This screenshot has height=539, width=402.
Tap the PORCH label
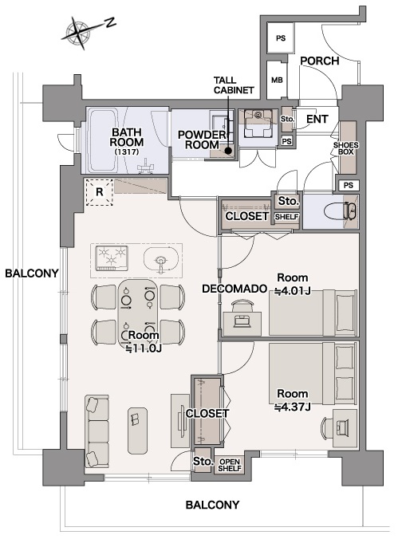coord(320,61)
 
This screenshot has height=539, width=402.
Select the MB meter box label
coord(277,80)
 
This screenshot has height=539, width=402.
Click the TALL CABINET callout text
coord(234,85)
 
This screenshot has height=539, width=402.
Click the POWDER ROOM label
coord(202,140)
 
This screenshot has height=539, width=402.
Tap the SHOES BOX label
coord(346,148)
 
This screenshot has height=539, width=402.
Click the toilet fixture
coord(342,210)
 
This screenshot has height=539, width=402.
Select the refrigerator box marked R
coord(100,192)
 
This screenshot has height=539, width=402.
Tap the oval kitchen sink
coord(161,259)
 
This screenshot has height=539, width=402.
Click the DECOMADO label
coord(235,289)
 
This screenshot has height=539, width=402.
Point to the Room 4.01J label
coord(292,285)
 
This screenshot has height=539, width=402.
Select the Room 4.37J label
coord(292,400)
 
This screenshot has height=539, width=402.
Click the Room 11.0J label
coord(144,342)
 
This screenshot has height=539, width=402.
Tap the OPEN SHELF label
coord(230,465)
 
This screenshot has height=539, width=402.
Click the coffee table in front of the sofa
coord(137,431)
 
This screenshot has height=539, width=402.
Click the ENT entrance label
coord(317,120)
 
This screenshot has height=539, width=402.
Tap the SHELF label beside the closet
coord(286,217)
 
